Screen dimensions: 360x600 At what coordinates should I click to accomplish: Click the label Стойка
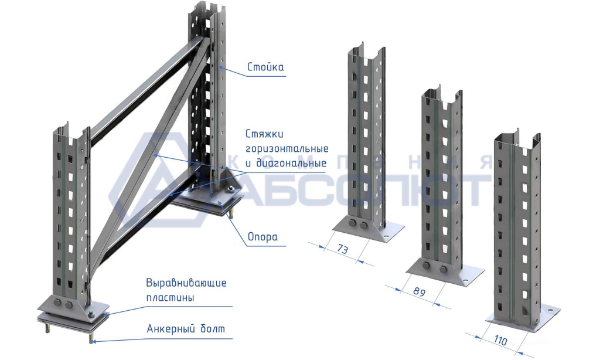click(x=265, y=67)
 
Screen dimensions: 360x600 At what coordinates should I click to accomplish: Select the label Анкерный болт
click(x=186, y=328)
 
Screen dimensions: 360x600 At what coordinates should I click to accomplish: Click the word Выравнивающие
click(x=186, y=283)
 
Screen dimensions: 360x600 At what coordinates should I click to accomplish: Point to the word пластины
click(x=170, y=297)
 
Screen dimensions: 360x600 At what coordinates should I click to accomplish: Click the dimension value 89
click(x=419, y=291)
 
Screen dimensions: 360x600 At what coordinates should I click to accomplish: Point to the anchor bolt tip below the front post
click(x=91, y=339)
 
